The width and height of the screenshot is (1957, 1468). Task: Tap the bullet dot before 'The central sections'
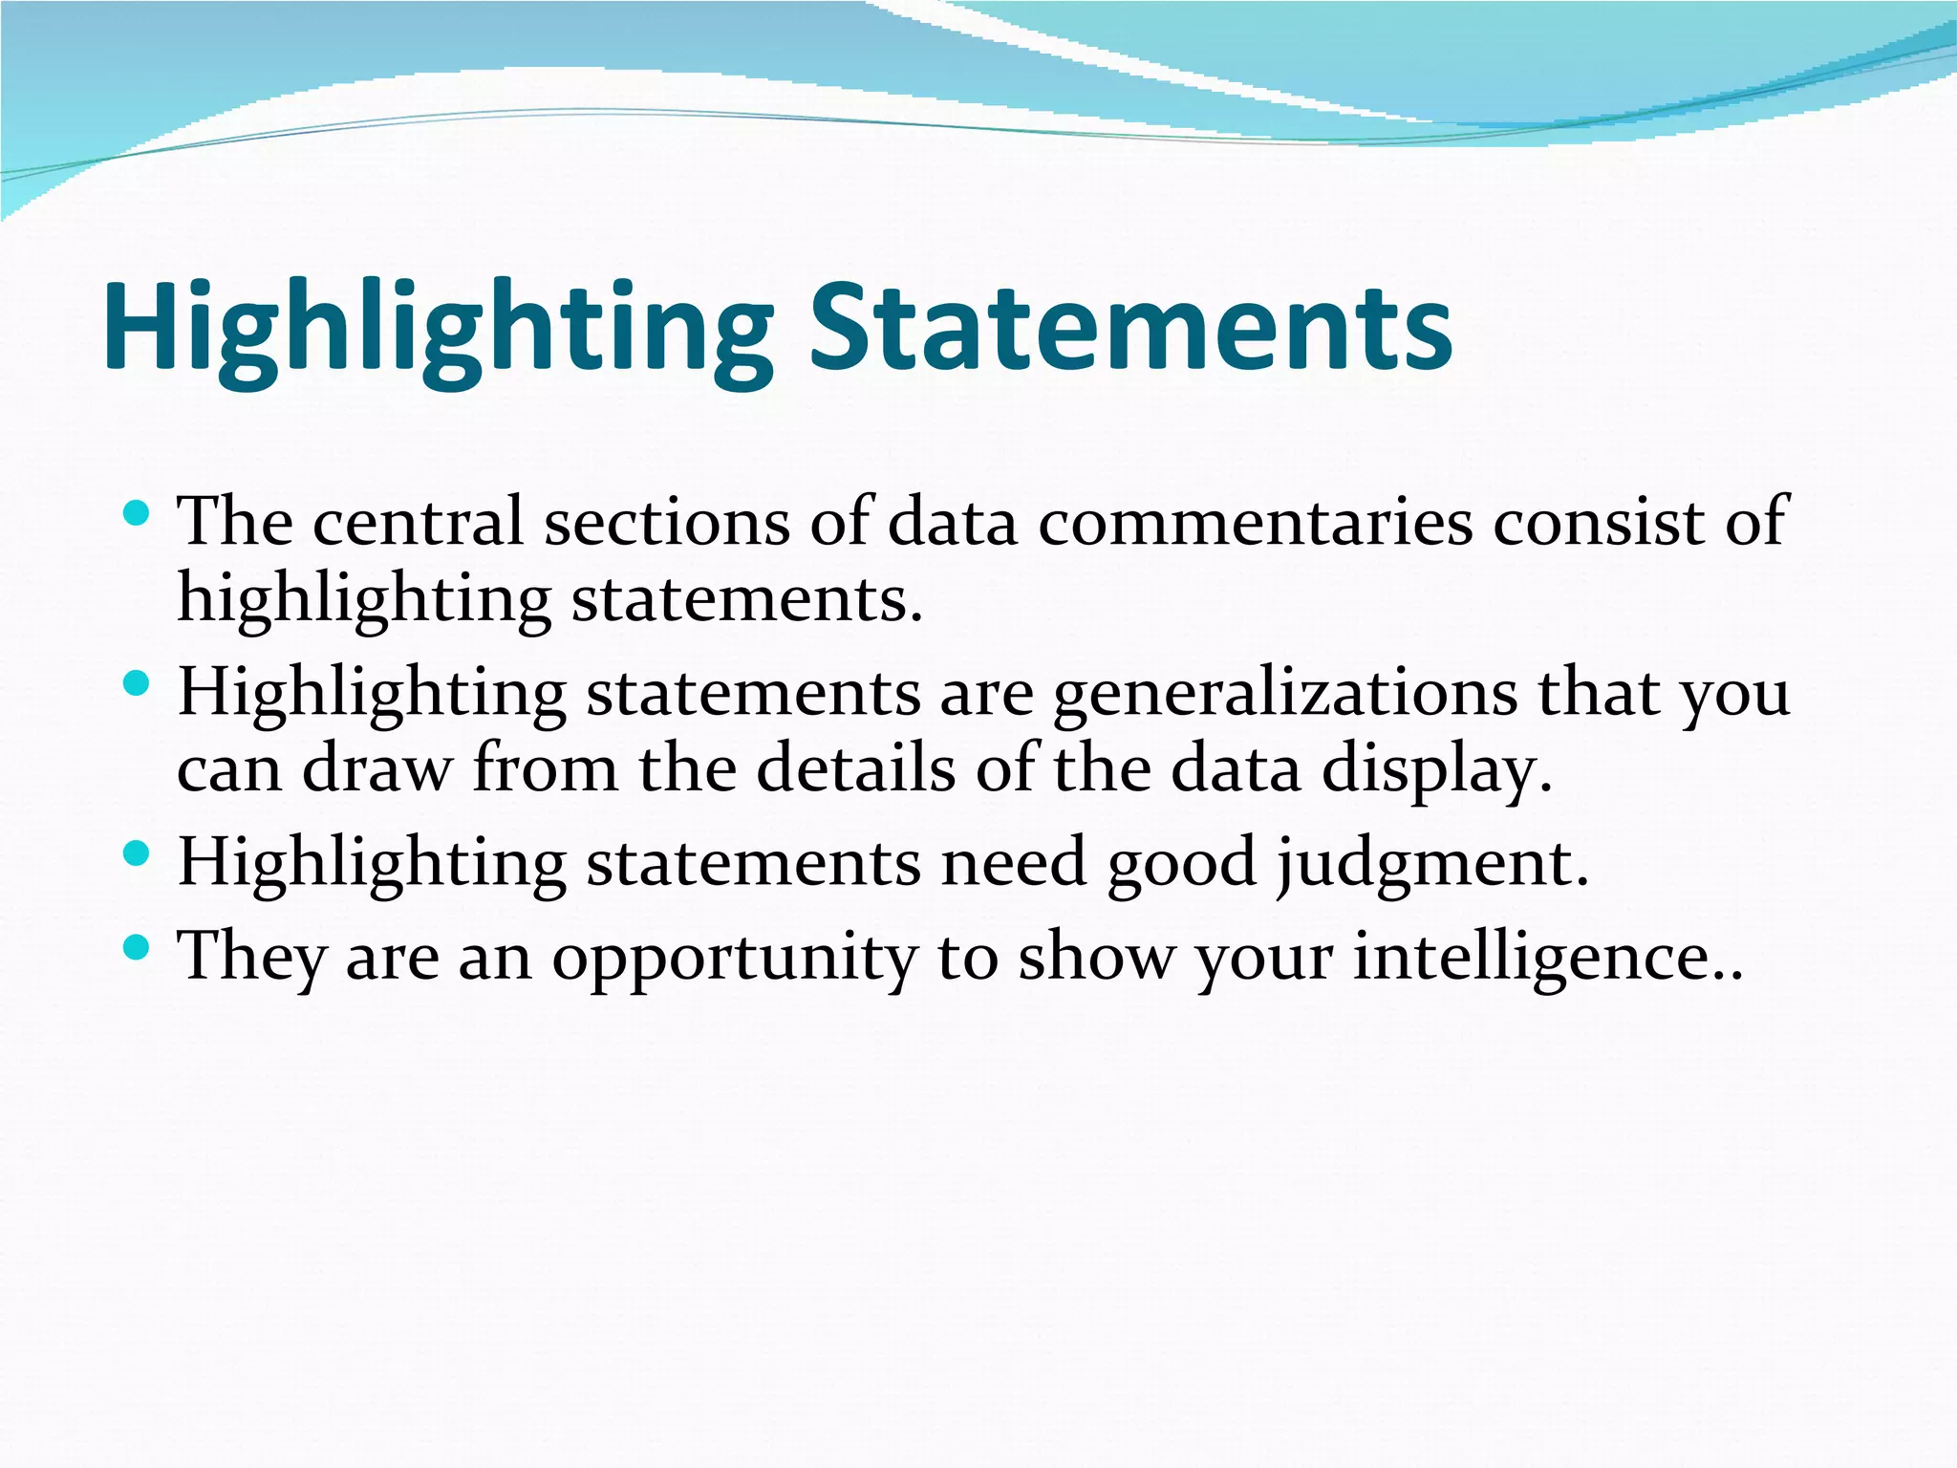137,514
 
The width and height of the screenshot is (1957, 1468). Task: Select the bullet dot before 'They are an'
137,947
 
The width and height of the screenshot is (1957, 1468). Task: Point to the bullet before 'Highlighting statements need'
137,853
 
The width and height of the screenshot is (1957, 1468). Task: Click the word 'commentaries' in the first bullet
1256,522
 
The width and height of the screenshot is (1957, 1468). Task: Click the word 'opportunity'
734,958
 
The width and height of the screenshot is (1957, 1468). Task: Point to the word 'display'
1436,769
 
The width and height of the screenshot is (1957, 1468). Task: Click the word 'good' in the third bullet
1182,863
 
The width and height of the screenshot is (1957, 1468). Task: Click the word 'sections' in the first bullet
667,522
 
